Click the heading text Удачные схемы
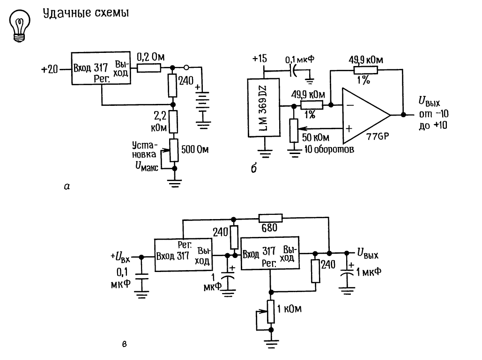[86, 13]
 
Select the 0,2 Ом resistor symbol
[149, 68]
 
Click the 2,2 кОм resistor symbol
[173, 122]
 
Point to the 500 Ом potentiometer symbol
[174, 150]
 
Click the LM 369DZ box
[264, 107]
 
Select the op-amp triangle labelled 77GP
[366, 116]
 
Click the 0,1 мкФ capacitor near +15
[293, 71]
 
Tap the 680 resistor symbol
[271, 218]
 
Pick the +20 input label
[50, 69]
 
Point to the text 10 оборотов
[329, 150]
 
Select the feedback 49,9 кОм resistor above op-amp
[366, 70]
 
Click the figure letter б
[253, 169]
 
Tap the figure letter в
[124, 344]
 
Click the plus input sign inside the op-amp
[349, 128]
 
